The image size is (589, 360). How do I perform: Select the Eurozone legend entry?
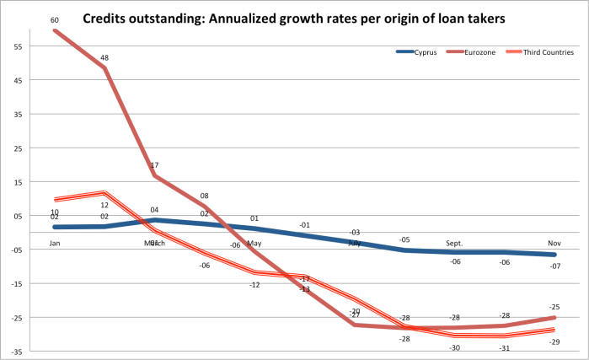coord(483,52)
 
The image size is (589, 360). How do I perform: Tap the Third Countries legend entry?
coord(547,52)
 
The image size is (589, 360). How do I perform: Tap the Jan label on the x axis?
coord(55,243)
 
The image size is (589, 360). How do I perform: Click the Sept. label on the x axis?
coord(454,243)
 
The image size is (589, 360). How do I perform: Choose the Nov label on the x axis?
coord(554,243)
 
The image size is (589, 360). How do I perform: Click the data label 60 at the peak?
coord(55,19)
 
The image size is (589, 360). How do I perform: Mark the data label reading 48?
coord(104,58)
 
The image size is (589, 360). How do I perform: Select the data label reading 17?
coord(154,165)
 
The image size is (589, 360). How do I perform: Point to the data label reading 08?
coord(204,196)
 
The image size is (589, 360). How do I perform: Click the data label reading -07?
coord(554,266)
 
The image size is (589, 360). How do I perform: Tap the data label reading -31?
coord(505,348)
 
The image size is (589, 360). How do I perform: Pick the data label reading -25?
coord(554,307)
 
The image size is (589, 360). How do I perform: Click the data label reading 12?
coord(104,205)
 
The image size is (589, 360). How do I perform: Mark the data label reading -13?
coord(304,289)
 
